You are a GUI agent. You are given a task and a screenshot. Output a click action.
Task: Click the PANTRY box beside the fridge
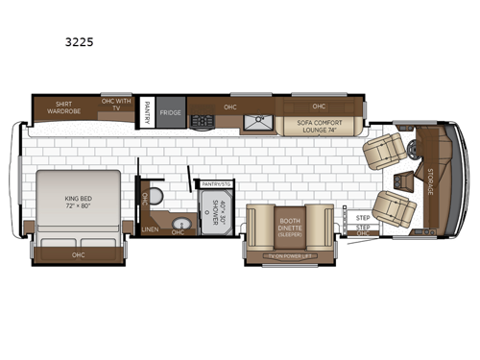click(147, 111)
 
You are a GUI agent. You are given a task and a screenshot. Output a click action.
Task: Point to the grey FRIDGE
click(171, 111)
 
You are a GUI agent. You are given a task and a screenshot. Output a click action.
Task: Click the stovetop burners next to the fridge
click(204, 120)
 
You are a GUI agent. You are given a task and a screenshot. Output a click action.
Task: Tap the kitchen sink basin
click(257, 121)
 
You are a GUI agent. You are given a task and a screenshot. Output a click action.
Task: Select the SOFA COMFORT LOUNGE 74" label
click(319, 125)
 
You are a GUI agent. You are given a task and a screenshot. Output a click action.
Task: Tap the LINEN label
click(150, 229)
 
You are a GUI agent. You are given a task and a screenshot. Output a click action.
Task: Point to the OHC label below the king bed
click(77, 254)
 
